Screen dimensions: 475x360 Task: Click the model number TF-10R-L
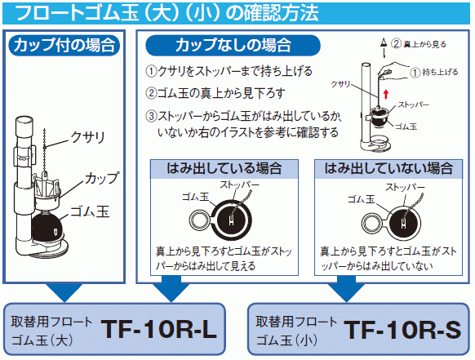coord(158,330)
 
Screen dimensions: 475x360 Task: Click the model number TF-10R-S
coord(402,330)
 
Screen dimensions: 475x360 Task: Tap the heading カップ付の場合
coord(64,45)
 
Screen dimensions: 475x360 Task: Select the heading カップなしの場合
coord(233,45)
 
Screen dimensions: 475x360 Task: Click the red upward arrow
coord(386,94)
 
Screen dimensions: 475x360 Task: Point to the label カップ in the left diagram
coord(102,178)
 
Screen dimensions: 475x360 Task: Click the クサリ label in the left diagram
coord(87,138)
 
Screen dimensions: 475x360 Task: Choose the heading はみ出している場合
coord(224,168)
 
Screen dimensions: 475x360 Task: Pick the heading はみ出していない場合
coord(388,168)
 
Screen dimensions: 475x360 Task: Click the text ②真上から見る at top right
coord(419,44)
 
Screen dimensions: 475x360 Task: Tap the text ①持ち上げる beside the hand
coord(434,72)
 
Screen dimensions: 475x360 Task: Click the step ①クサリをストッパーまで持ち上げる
coord(229,71)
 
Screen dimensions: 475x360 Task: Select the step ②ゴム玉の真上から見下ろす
coord(215,93)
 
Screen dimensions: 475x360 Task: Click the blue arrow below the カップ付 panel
coord(64,292)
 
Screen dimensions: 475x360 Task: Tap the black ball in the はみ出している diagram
coord(231,220)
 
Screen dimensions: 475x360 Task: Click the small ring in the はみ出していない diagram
coord(371,224)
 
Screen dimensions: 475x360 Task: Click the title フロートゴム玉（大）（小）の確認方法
coord(167,13)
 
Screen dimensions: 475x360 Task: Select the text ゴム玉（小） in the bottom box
coord(286,340)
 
